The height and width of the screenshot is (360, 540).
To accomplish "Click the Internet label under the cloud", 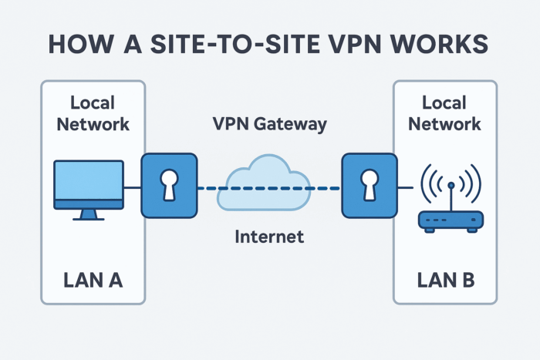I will point(269,236).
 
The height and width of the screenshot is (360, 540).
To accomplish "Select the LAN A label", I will point(93,281).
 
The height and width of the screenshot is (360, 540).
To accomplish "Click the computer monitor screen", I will point(88,181).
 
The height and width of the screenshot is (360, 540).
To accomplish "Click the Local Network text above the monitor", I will point(93,113).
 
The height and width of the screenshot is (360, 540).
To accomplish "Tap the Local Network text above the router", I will point(444,113).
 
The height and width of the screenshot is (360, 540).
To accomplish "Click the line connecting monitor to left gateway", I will point(132,187).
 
